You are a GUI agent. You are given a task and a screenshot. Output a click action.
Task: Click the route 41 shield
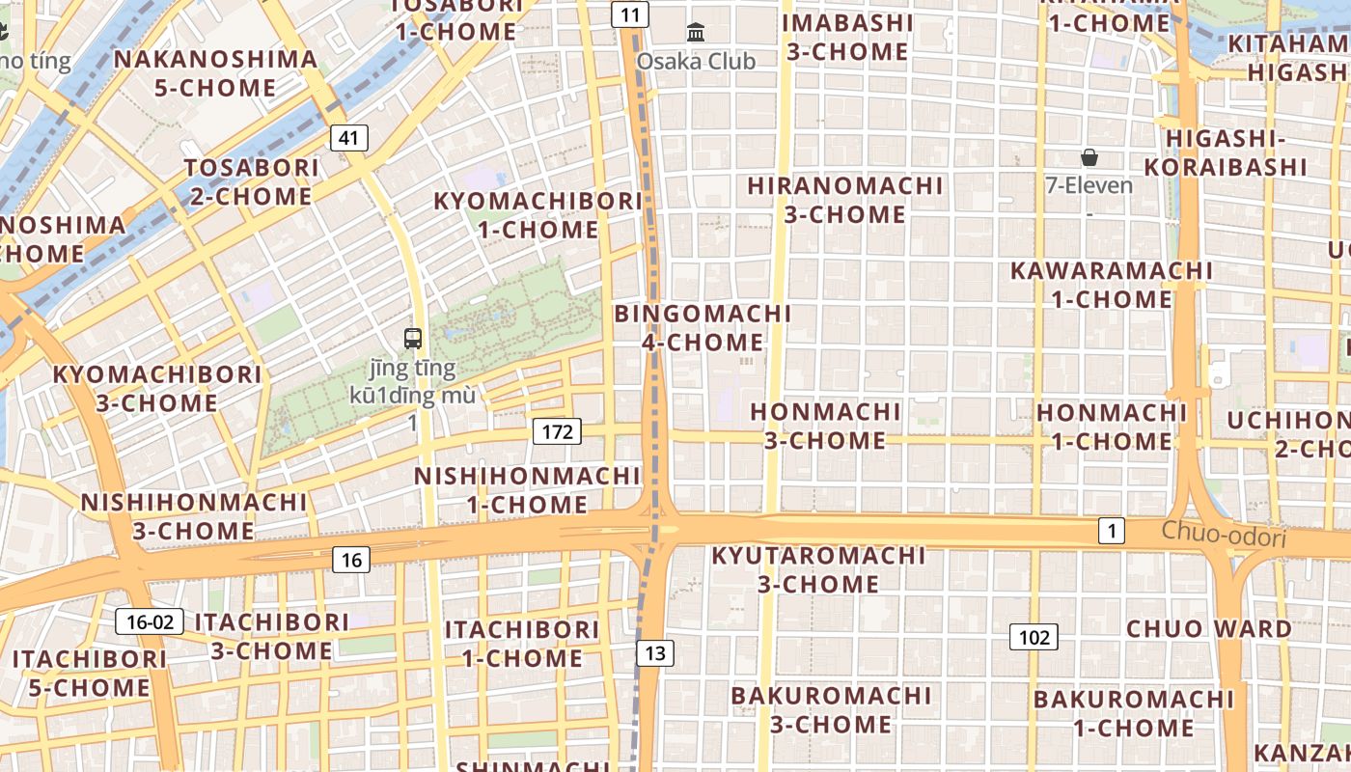pos(348,138)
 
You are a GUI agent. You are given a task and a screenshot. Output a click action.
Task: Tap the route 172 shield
pos(557,431)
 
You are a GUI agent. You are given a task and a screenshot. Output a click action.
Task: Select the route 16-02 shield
pos(150,621)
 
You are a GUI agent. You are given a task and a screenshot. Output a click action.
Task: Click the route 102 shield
pos(1034,637)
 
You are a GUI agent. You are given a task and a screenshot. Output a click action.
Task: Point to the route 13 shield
pos(655,653)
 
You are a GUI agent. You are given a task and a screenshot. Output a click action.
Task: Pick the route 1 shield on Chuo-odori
pos(1112,530)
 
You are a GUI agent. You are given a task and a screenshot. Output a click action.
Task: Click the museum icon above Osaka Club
pos(696,33)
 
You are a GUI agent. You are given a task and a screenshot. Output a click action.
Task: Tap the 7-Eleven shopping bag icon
pos(1089,157)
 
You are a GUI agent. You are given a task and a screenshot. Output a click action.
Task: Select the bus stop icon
pos(413,339)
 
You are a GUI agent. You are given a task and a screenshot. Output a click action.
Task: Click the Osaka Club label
pos(696,61)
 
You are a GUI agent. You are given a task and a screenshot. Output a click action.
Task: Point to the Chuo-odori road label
pos(1224,534)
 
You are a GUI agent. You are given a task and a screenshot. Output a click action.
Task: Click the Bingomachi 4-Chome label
pos(703,328)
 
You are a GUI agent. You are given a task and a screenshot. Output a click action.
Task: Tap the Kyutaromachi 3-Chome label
pos(818,569)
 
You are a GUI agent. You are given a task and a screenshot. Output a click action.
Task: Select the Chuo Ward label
pos(1209,629)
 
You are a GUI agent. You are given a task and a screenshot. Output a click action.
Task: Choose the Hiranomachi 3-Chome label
pos(845,200)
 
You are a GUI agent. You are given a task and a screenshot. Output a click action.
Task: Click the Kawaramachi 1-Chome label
pos(1112,285)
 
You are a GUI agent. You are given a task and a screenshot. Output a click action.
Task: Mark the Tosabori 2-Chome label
pos(250,181)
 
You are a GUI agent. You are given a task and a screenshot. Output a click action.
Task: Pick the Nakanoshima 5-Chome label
pos(215,73)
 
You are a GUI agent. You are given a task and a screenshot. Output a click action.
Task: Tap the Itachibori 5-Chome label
pos(89,673)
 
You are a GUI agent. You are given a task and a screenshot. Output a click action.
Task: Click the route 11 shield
pos(630,14)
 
